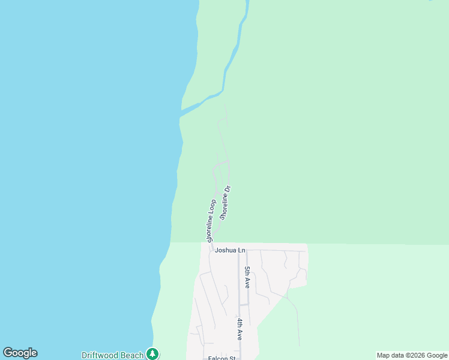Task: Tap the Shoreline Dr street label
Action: pos(225,203)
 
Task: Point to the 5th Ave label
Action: pos(247,278)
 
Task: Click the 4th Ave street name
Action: pos(239,330)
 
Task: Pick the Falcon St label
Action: pos(221,358)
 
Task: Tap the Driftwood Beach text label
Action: pos(113,355)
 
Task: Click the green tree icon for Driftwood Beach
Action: pos(153,354)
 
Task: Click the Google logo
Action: pos(20,353)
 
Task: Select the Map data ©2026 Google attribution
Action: pos(412,355)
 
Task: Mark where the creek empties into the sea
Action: pos(181,114)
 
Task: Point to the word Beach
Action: pos(132,355)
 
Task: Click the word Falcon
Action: pos(218,358)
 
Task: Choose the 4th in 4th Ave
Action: pos(239,325)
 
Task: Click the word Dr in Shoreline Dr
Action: pos(228,190)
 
